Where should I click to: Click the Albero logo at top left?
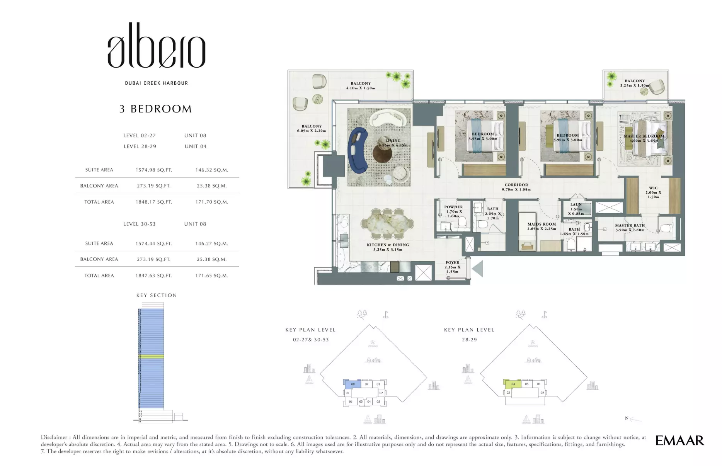156,46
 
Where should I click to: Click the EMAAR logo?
679,440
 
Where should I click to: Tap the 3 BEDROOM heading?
155,109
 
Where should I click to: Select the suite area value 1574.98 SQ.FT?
153,170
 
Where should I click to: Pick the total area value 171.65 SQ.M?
211,276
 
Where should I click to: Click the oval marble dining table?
387,224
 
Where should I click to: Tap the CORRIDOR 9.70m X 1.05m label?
516,187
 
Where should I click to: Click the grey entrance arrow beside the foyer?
478,269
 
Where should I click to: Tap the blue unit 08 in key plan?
352,384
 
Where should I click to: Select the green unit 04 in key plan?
513,384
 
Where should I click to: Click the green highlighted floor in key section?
151,356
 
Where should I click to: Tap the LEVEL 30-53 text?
140,224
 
